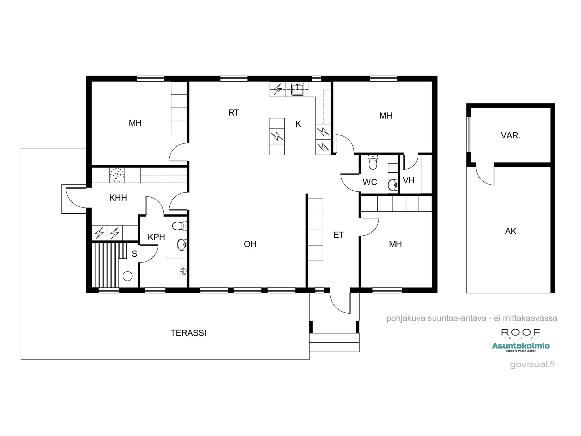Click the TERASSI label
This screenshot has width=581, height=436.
click(188, 333)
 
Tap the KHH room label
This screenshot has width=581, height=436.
click(118, 198)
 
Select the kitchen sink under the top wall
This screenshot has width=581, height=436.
click(298, 89)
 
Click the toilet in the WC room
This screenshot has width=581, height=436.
click(373, 162)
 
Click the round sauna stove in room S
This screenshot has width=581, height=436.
click(128, 276)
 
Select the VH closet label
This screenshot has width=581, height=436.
click(408, 181)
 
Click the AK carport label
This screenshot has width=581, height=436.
click(510, 231)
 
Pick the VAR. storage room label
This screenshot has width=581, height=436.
click(510, 135)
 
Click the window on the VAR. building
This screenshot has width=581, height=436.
click(468, 135)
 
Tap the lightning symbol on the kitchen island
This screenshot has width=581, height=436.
click(277, 136)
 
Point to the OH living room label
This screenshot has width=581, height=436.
click(250, 244)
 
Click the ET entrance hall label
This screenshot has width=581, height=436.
click(338, 235)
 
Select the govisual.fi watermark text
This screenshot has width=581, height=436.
click(532, 364)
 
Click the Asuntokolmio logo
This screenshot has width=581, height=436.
click(521, 346)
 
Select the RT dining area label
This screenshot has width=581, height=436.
click(234, 113)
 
